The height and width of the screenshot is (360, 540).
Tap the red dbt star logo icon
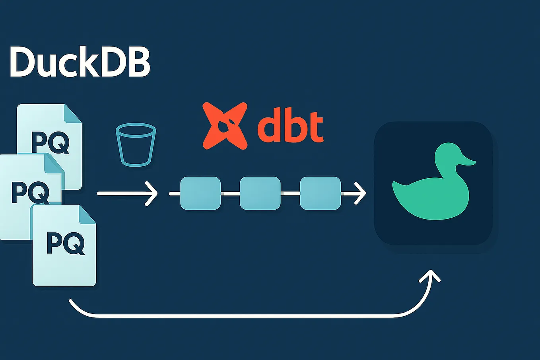point(225,126)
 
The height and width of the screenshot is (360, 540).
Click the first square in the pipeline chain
point(200,193)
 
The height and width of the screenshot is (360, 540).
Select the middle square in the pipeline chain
point(260,193)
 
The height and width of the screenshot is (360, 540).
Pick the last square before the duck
point(320,193)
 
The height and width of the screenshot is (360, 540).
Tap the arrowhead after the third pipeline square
point(360,193)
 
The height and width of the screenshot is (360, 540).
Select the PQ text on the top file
point(50,142)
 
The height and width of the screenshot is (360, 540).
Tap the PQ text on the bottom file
point(65,243)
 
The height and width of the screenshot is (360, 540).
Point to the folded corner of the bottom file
point(87,215)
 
